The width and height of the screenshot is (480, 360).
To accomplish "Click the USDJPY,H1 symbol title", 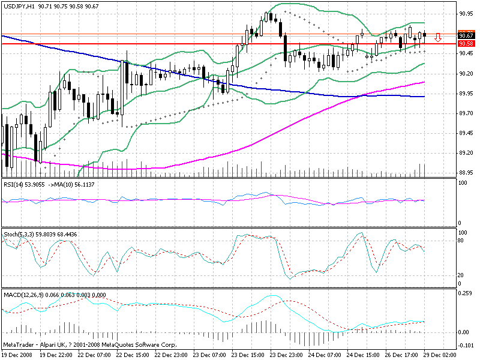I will point(18,6).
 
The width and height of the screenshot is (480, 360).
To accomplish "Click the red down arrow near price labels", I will point(438,38).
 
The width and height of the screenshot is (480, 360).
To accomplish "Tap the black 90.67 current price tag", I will point(466,35).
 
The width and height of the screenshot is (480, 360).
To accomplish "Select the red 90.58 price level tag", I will point(466,44).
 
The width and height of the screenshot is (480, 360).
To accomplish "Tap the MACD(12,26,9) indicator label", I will point(22,294).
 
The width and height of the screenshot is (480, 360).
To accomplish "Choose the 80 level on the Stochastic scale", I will point(461,240).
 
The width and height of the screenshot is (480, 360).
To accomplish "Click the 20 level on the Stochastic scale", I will point(461,275).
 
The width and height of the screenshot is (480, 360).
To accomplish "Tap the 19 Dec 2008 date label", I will point(17,355).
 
